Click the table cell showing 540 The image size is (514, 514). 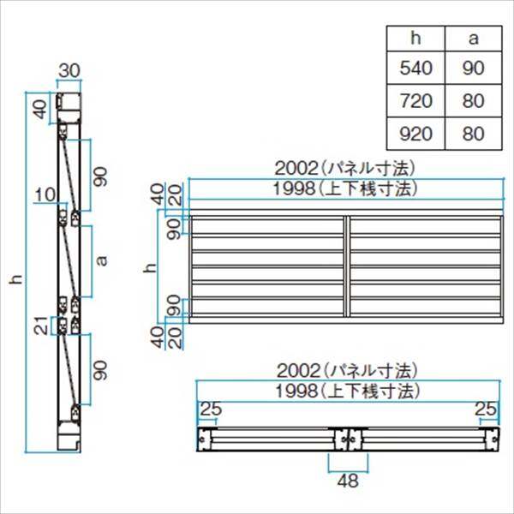pyautogui.click(x=415, y=68)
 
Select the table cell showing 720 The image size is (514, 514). pyautogui.click(x=415, y=100)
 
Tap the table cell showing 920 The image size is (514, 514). pyautogui.click(x=415, y=134)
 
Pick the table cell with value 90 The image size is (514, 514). pyautogui.click(x=474, y=68)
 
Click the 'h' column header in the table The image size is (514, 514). pyautogui.click(x=415, y=39)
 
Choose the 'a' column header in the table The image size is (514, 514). pyautogui.click(x=474, y=39)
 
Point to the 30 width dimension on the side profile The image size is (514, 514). pyautogui.click(x=69, y=70)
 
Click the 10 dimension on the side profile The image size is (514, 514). pyautogui.click(x=45, y=194)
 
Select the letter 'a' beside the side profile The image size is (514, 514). pyautogui.click(x=102, y=260)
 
